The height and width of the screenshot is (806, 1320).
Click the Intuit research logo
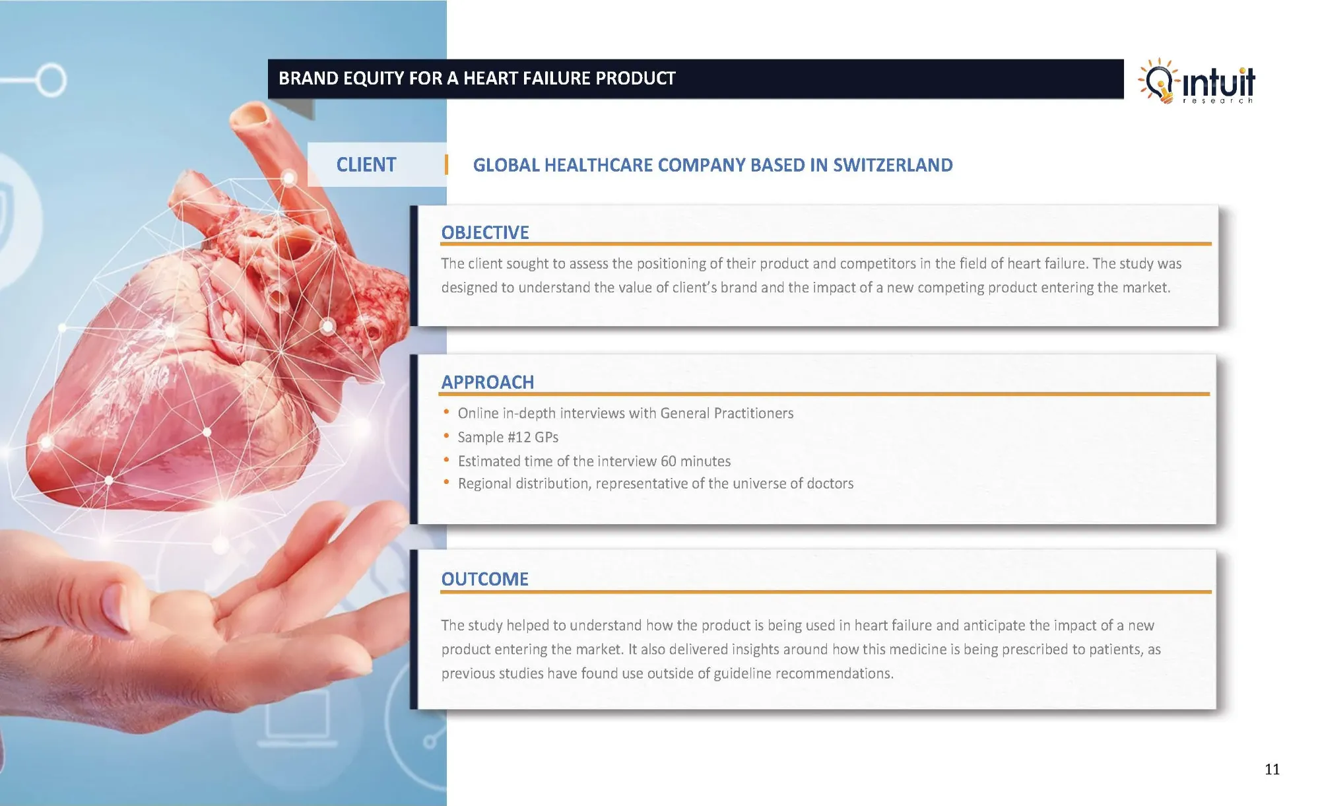[x=1196, y=81]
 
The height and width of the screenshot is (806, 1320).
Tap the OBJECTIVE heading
[x=485, y=232]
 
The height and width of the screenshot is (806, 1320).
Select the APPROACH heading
[x=488, y=382]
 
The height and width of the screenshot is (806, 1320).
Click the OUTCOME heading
[x=485, y=579]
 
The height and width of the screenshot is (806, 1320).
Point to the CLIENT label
[x=366, y=164]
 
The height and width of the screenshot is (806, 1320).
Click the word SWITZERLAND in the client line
[x=893, y=165]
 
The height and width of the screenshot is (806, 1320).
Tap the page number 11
[x=1272, y=769]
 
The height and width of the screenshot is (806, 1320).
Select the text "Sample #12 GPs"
[x=508, y=437]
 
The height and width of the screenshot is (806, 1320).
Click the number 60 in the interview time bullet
[x=669, y=461]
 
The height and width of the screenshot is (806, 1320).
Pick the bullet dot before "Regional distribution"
[x=447, y=483]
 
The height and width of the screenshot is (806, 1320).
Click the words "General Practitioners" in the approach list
[x=727, y=413]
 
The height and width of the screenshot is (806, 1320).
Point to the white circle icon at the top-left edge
[x=50, y=81]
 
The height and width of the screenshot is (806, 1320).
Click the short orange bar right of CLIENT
[x=447, y=164]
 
